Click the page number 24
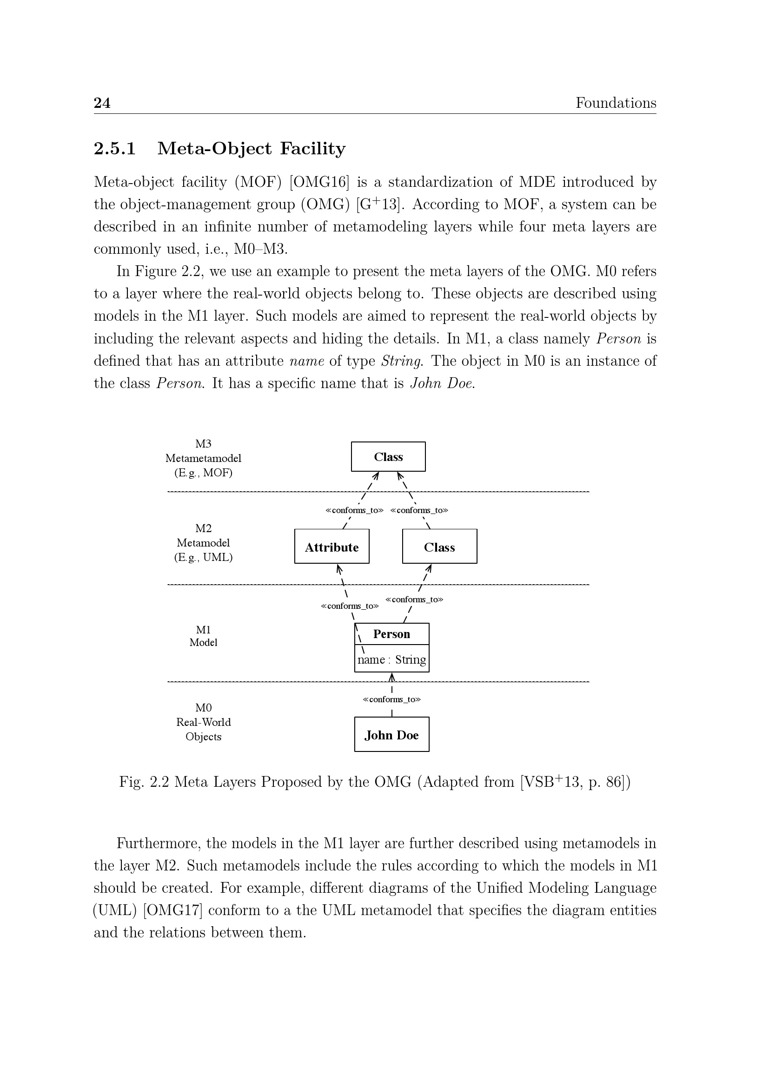[x=102, y=103]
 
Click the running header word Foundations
[x=615, y=103]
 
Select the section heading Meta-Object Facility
[x=251, y=149]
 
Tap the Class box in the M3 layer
[x=388, y=457]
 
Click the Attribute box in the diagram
[x=331, y=547]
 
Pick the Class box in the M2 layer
[x=439, y=547]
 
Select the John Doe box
[x=391, y=735]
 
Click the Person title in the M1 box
[x=391, y=634]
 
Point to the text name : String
[x=391, y=659]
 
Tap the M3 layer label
[x=203, y=444]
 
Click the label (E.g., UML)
[x=203, y=557]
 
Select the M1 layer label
[x=203, y=630]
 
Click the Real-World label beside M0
[x=203, y=722]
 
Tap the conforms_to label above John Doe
[x=391, y=699]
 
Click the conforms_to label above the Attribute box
[x=354, y=510]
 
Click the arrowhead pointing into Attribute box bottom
[x=338, y=567]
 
